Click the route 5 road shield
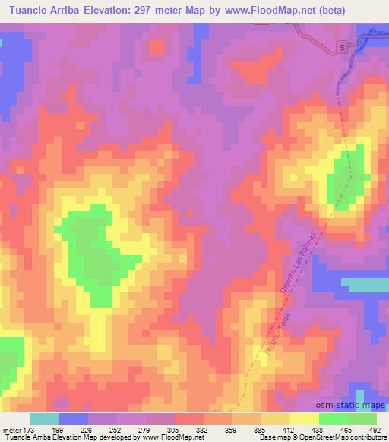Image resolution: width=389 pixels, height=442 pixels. click(342, 48)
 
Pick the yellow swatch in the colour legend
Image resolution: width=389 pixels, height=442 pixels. click(304, 419)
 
